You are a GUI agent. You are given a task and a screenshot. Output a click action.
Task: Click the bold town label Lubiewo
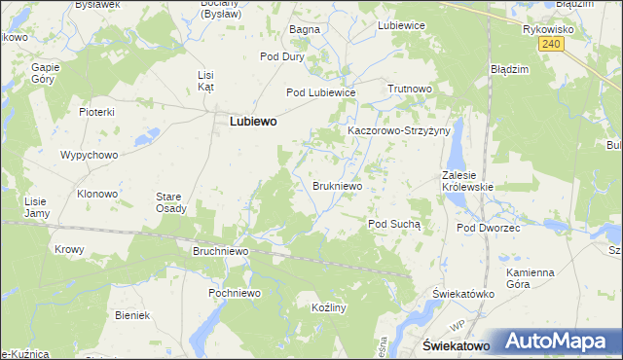click(252, 123)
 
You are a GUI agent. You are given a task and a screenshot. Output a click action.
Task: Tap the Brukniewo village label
click(338, 185)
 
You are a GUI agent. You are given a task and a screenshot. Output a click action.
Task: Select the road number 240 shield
click(552, 44)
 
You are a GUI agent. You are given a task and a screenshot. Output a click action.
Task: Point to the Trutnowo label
click(409, 89)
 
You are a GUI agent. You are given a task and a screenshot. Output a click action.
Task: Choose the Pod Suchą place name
click(394, 224)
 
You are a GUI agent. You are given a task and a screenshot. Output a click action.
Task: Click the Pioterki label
click(97, 112)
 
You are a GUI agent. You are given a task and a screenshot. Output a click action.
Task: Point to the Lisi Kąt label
click(205, 81)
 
